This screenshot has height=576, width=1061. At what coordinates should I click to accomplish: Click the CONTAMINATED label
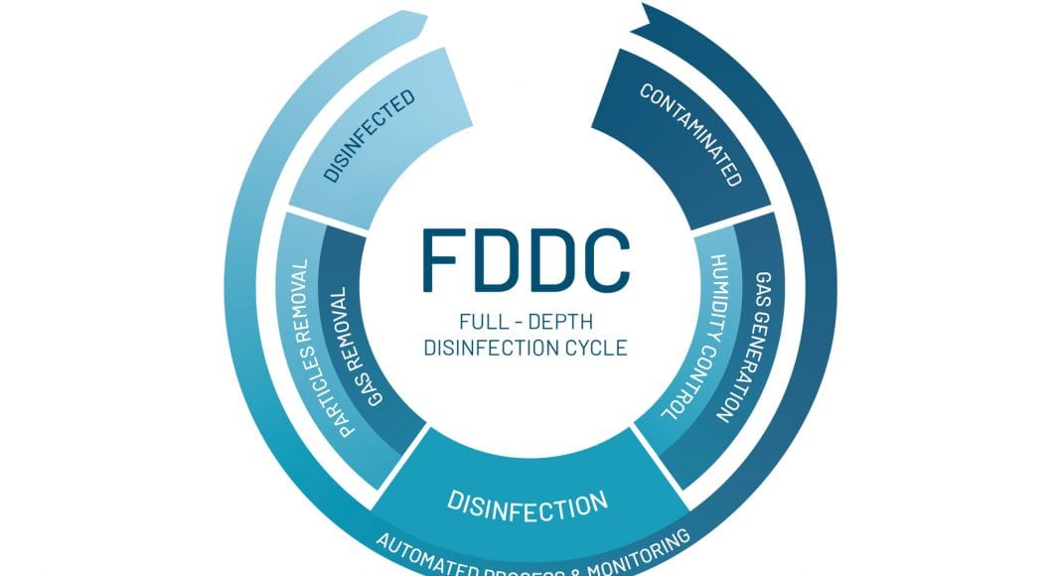[691, 135]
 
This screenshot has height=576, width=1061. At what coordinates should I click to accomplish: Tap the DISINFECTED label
[369, 137]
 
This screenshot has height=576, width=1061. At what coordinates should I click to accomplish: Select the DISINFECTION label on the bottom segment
[527, 501]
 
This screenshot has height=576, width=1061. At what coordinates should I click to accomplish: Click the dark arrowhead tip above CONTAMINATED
[647, 14]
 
